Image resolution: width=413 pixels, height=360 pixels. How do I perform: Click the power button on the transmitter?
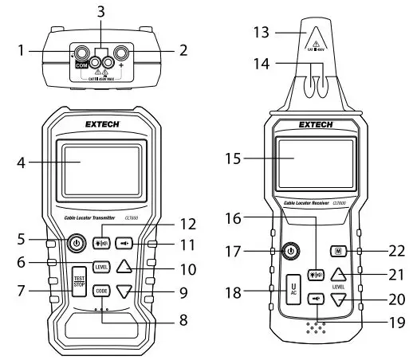[x=77, y=242]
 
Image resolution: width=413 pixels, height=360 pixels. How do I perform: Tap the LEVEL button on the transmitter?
[x=101, y=267]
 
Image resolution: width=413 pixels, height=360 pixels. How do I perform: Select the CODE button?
[x=101, y=291]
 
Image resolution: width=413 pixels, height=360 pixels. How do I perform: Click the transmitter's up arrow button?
[x=124, y=267]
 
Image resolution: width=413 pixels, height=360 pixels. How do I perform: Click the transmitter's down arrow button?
[x=124, y=292]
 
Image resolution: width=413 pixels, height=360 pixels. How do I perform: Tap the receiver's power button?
[x=292, y=251]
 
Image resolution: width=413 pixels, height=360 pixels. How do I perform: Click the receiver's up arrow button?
[x=339, y=277]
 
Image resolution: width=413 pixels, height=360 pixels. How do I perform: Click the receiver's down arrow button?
[x=339, y=300]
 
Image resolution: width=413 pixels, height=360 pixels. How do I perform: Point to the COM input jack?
[x=81, y=55]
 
